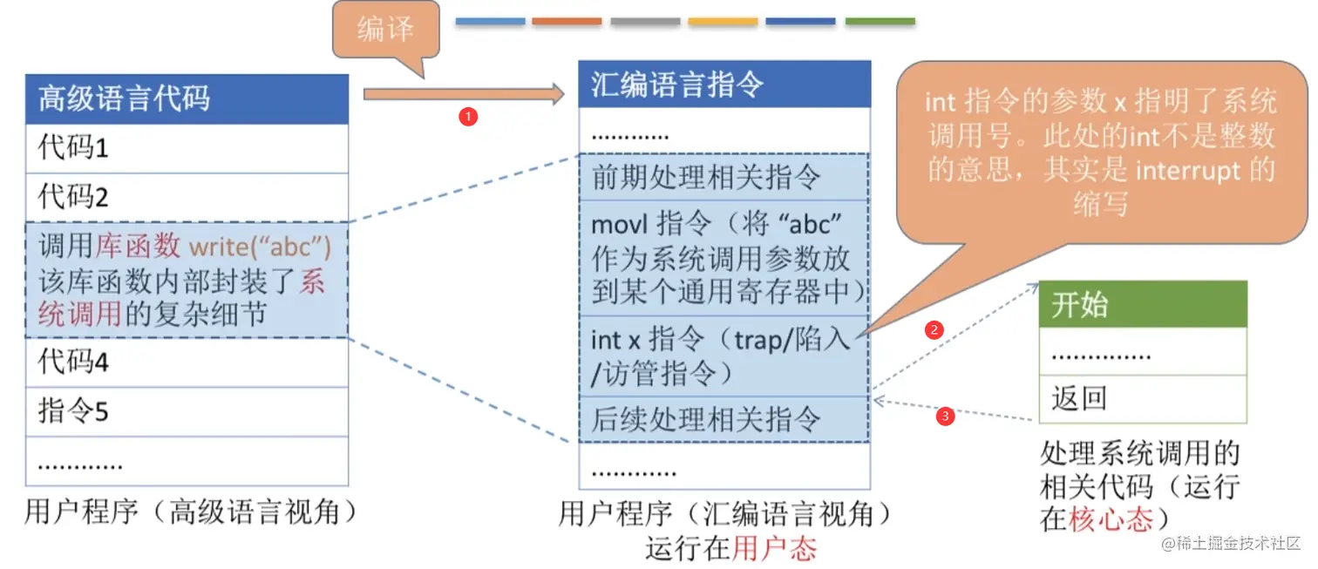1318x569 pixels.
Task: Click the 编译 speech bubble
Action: tap(385, 32)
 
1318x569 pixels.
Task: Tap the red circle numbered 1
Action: tap(468, 117)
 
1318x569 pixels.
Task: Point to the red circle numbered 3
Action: tap(945, 417)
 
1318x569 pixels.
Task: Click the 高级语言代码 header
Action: tap(187, 98)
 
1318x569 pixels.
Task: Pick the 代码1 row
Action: tap(187, 148)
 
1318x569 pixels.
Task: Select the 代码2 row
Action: tap(187, 197)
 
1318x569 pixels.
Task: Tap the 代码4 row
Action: tap(187, 361)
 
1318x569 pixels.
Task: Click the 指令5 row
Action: tap(187, 411)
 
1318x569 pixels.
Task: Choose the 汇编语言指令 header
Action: tap(724, 85)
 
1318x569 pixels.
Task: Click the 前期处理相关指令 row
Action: tap(724, 178)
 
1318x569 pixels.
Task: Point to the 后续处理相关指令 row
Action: tap(724, 419)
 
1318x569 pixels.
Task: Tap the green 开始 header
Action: tap(1142, 305)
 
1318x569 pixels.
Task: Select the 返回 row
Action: tap(1142, 399)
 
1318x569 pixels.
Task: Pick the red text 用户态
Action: tap(774, 549)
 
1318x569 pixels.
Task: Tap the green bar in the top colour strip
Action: tap(880, 22)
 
